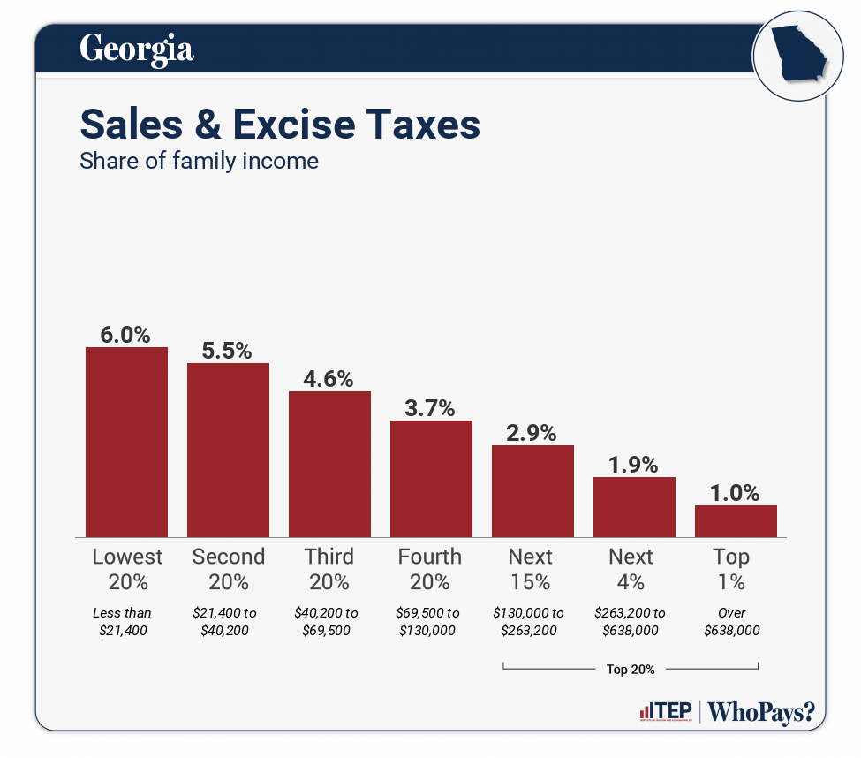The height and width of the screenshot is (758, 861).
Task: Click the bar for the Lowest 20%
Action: click(x=126, y=442)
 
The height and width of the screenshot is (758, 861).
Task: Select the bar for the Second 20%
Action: click(x=228, y=450)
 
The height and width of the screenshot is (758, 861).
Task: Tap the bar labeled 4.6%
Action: click(x=329, y=464)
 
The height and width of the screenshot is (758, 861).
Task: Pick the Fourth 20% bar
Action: click(x=431, y=478)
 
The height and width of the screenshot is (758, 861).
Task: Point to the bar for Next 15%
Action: click(x=532, y=490)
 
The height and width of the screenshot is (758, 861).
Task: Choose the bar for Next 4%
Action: click(x=634, y=506)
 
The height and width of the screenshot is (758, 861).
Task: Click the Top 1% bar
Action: click(x=736, y=520)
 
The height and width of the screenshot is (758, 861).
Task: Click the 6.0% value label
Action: click(x=125, y=335)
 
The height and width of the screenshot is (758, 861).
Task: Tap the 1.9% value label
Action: click(x=633, y=465)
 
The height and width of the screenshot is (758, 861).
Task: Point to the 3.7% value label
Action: click(x=430, y=408)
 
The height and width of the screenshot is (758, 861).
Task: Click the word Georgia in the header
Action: click(x=137, y=49)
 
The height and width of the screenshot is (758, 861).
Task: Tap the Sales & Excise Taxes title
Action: click(x=280, y=125)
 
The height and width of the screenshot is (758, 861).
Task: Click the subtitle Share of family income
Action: click(x=199, y=162)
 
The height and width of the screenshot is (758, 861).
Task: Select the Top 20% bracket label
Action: click(x=631, y=670)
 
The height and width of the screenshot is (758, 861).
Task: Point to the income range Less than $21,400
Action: click(x=123, y=621)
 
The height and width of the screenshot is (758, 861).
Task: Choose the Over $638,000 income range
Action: click(x=732, y=621)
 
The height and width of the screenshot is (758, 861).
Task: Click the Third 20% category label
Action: click(x=329, y=569)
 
